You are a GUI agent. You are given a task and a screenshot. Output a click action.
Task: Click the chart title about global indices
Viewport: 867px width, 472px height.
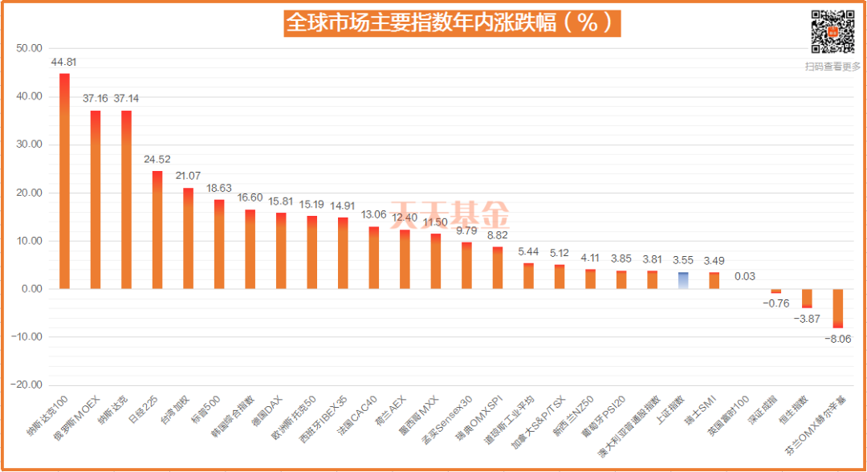coord(451,22)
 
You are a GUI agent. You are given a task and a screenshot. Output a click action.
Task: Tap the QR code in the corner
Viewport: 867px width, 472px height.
coord(832,31)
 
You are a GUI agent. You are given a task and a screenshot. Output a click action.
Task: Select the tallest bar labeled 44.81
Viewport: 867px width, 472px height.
coord(64,181)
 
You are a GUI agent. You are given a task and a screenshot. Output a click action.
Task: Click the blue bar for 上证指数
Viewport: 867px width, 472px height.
coord(683,280)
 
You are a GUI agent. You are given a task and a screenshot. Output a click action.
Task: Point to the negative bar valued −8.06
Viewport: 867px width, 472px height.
coord(837,308)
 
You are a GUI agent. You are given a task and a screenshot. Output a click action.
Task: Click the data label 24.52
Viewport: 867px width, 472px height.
coord(157,159)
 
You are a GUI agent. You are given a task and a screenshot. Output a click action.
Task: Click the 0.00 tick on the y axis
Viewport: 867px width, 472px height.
coord(31,289)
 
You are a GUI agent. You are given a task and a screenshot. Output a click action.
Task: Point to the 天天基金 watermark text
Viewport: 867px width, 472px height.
coord(450,215)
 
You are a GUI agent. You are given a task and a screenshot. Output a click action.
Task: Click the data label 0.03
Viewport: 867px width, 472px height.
coord(744,276)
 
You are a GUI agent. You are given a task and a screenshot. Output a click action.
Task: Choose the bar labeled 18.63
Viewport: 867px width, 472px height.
coord(218,244)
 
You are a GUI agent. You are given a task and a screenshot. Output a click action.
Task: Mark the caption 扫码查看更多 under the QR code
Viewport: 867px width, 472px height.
coord(832,67)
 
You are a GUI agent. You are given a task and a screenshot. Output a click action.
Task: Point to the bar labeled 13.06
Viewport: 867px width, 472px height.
coord(374,258)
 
